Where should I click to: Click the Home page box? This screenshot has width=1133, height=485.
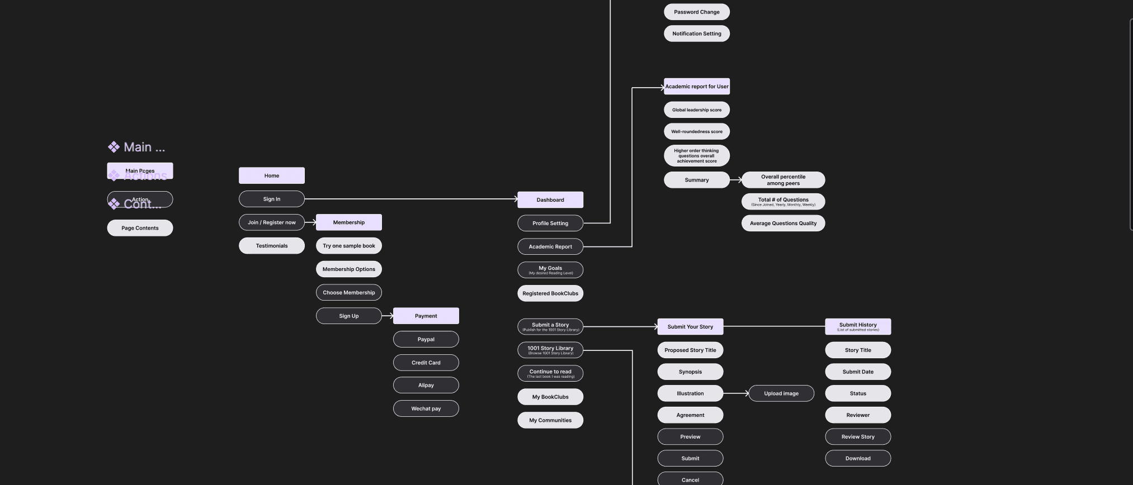coord(271,175)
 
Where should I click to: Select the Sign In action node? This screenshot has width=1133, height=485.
coord(271,199)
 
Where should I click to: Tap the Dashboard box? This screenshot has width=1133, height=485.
coord(550,199)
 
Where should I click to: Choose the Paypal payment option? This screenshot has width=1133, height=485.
coord(426,339)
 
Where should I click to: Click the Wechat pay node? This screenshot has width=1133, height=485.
coord(426,408)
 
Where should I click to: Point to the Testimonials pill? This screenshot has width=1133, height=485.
coord(271,246)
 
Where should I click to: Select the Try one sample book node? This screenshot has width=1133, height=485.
coord(348,246)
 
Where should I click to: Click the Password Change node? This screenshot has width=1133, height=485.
coord(696,12)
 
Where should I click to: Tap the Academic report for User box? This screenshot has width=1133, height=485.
coord(696,87)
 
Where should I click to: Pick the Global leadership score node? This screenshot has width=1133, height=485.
coord(696,110)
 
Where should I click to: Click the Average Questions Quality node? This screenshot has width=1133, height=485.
coord(783,223)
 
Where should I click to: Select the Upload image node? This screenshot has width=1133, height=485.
coord(781,393)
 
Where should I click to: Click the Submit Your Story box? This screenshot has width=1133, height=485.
coord(690,327)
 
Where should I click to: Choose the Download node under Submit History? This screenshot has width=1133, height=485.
coord(857,458)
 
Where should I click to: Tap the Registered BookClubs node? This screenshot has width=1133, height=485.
coord(550,293)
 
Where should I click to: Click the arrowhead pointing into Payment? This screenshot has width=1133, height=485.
coord(390,316)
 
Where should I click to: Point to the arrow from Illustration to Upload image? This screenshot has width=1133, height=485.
coord(736,393)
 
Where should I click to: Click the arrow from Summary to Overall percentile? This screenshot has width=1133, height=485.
coord(736,180)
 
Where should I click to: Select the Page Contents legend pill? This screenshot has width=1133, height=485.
coord(140,228)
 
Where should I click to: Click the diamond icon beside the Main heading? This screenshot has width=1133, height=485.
coord(114,147)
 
